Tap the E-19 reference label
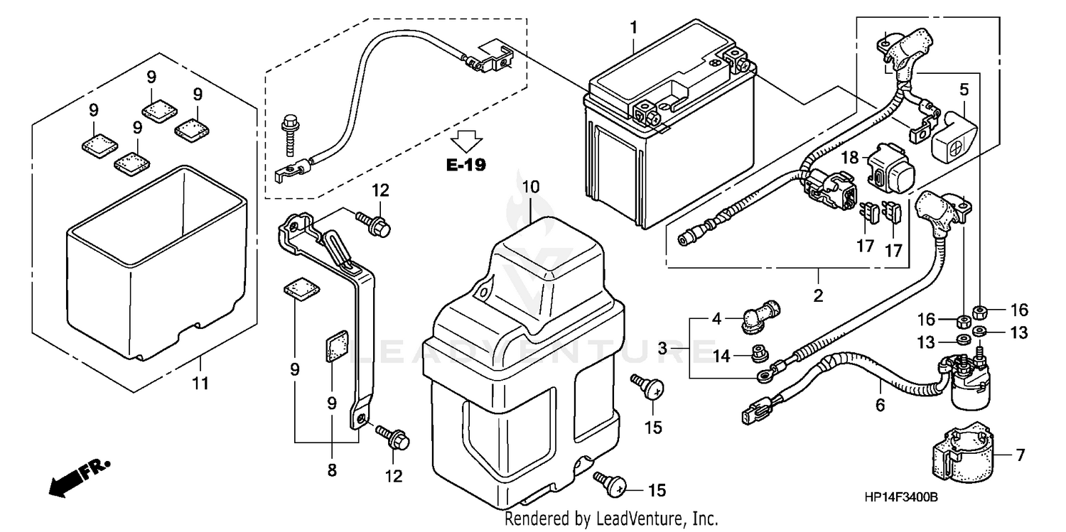pos(465,165)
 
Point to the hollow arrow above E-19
pos(466,141)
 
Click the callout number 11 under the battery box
pos(201,384)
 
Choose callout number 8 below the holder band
pos(333,469)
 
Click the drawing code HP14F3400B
pos(900,498)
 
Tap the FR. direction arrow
pos(79,475)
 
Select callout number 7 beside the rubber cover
pos(1021,455)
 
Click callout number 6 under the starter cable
pos(880,406)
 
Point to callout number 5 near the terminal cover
pos(964,89)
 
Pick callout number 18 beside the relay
pos(851,158)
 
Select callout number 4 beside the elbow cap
pos(717,319)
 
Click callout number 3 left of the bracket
pos(662,349)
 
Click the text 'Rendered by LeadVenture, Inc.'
pos(611,519)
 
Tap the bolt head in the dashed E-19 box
pos(289,123)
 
